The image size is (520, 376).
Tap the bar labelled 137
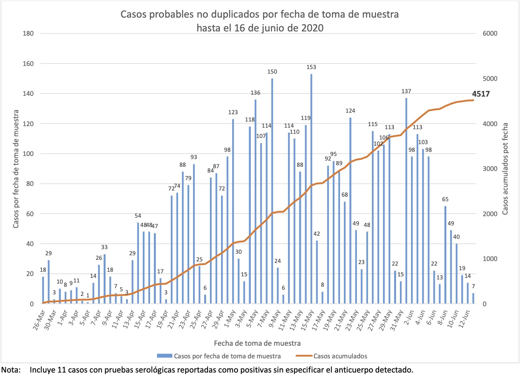pyautogui.click(x=406, y=201)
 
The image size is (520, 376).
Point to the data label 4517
pyautogui.click(x=481, y=94)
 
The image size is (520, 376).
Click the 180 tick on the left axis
pyautogui.click(x=28, y=33)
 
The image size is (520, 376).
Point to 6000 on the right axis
pyautogui.click(x=490, y=33)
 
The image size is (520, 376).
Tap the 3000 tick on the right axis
pyautogui.click(x=490, y=169)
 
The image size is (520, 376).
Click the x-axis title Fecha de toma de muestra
pyautogui.click(x=257, y=343)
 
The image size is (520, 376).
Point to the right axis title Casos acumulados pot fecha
pyautogui.click(x=505, y=169)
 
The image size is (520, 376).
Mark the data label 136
pyautogui.click(x=255, y=93)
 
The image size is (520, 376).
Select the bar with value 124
pyautogui.click(x=350, y=210)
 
